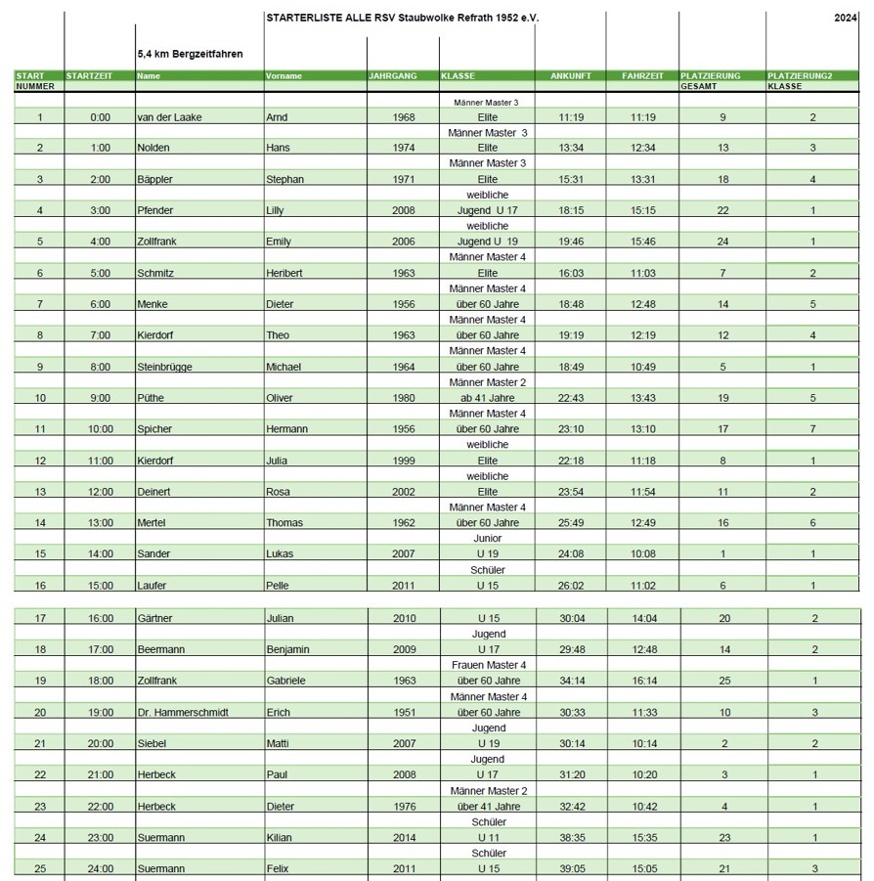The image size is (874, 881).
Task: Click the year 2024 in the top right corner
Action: pos(846,18)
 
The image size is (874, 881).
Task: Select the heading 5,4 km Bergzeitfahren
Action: pos(191,54)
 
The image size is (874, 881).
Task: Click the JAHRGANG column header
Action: pos(393,75)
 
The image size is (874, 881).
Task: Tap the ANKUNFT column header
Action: pos(571,75)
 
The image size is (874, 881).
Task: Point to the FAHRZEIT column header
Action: pos(642,75)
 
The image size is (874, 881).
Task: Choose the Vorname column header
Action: pos(284,75)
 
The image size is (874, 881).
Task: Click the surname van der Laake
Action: pos(170,117)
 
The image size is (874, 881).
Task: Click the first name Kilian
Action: pos(280,837)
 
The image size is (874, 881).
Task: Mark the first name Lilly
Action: pos(278,210)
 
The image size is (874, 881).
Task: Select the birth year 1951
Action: pos(402,712)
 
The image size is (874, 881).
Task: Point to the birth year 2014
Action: pos(402,837)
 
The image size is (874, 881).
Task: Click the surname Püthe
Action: pos(153,398)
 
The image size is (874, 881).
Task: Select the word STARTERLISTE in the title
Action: pos(297,18)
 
